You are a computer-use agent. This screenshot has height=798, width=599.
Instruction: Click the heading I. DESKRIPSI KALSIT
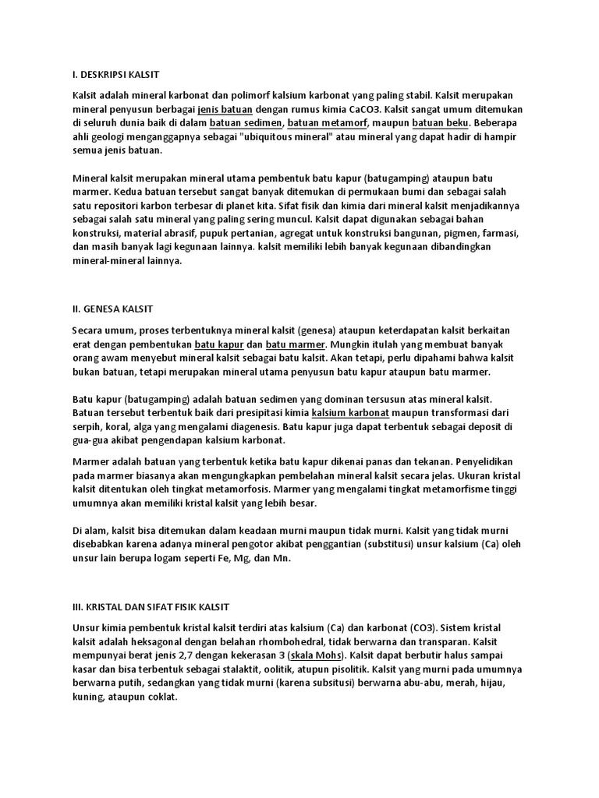(x=115, y=75)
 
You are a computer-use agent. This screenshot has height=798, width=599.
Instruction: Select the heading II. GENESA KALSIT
(x=111, y=309)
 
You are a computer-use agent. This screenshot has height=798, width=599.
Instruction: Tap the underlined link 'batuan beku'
(x=439, y=124)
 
